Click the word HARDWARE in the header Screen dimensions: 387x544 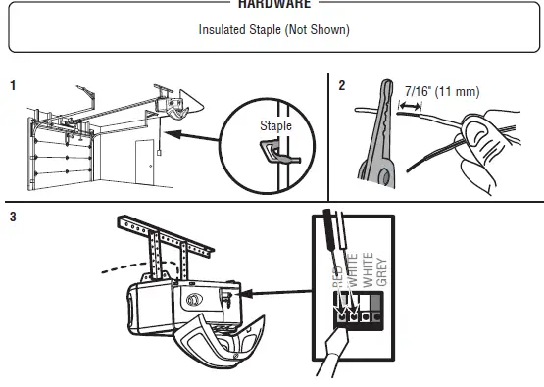click(x=273, y=4)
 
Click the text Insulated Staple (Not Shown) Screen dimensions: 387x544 click(x=273, y=29)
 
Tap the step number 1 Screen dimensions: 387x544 click(x=13, y=86)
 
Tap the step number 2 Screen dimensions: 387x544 click(x=341, y=86)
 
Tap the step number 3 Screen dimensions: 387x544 click(x=13, y=218)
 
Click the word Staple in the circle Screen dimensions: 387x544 click(x=275, y=126)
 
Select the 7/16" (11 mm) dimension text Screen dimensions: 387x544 click(x=440, y=92)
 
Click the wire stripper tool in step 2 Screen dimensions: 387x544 click(x=373, y=137)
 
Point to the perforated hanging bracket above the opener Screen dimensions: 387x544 click(x=157, y=240)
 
